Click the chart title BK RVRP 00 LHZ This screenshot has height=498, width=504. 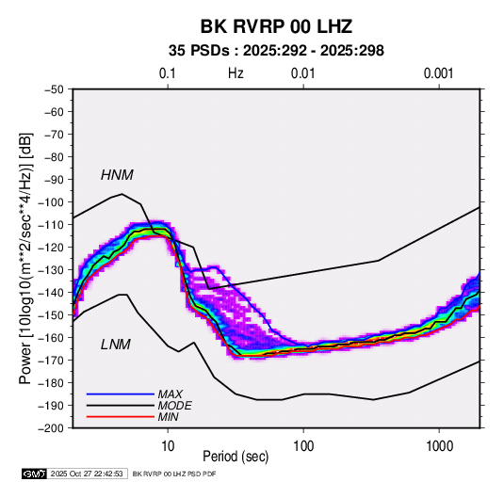[276, 26]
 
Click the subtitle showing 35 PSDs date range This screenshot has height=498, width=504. [276, 51]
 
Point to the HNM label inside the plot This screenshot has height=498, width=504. [117, 175]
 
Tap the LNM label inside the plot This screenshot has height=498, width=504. [116, 345]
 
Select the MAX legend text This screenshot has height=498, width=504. [170, 394]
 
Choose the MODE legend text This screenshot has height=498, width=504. [175, 406]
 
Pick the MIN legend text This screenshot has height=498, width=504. [168, 417]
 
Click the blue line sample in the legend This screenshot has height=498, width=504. [121, 394]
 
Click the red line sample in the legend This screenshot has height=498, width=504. [121, 417]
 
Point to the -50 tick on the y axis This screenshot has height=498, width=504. [55, 89]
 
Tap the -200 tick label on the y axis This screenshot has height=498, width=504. [52, 428]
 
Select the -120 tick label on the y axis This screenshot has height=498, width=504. [52, 248]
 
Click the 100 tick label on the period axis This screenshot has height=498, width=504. [303, 446]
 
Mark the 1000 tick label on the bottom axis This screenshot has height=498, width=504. [439, 446]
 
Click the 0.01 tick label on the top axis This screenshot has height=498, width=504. [302, 73]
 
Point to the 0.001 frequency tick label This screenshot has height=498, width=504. [438, 73]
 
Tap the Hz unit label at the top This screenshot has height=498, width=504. [236, 73]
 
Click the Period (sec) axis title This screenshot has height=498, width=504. [236, 457]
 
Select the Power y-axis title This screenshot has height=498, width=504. [25, 259]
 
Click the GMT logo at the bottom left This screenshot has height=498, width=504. [34, 474]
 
